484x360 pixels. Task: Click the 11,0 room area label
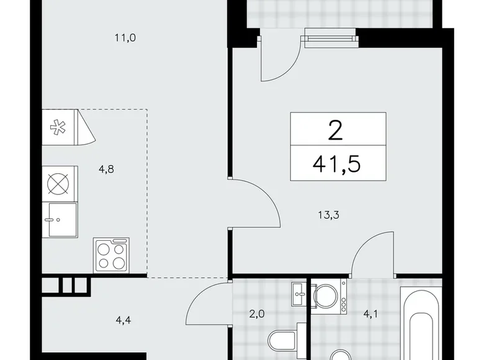(125, 38)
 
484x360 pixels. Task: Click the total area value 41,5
(338, 164)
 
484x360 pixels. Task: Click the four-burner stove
(110, 254)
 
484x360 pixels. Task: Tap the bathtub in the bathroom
(421, 323)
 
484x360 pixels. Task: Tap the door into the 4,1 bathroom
(374, 251)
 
